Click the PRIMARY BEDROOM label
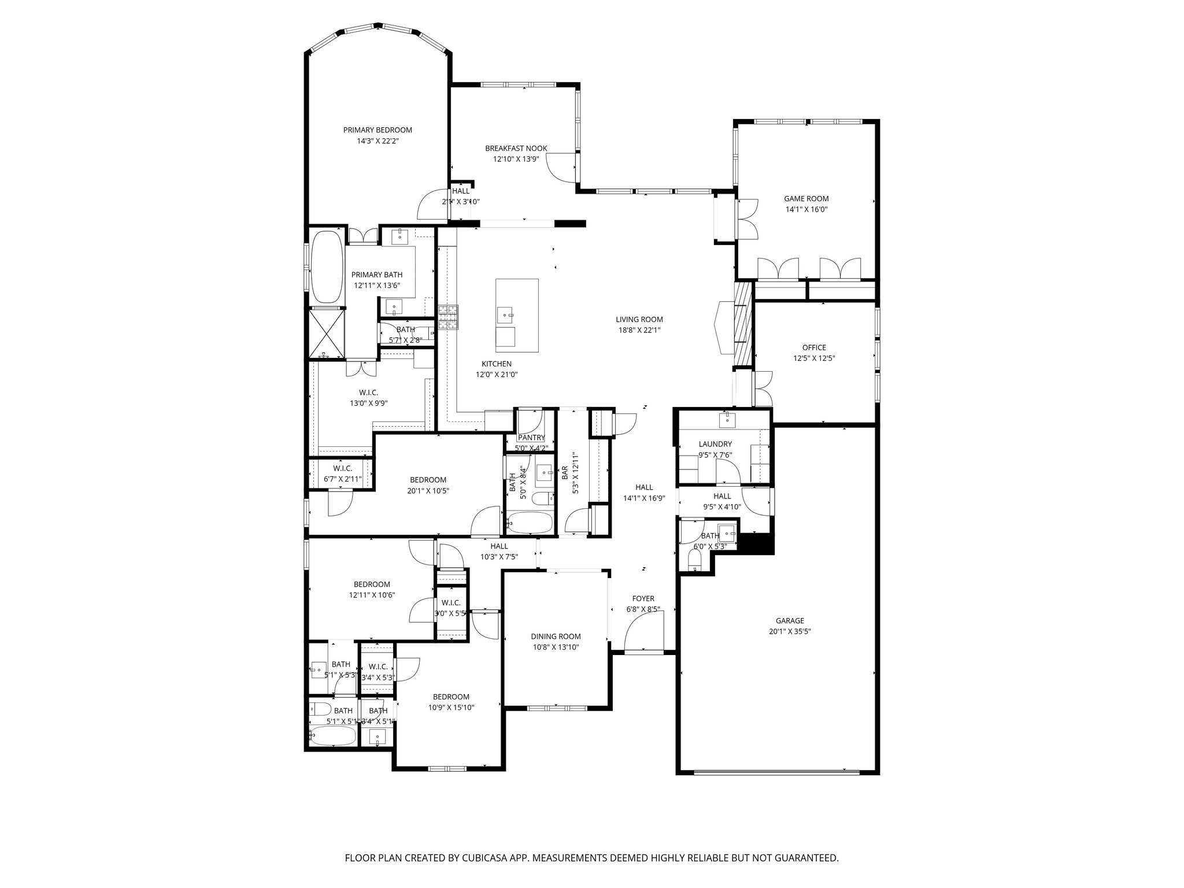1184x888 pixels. pos(378,130)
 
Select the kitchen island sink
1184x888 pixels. pos(505,315)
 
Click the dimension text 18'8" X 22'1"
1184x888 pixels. pos(639,330)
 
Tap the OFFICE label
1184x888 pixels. pos(813,347)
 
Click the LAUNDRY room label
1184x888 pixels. pos(715,444)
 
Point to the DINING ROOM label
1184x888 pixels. pos(556,637)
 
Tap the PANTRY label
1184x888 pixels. pos(531,438)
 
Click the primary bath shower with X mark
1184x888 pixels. pos(327,333)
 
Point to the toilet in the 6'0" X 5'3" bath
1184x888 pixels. pos(694,559)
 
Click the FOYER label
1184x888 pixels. pos(643,598)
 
